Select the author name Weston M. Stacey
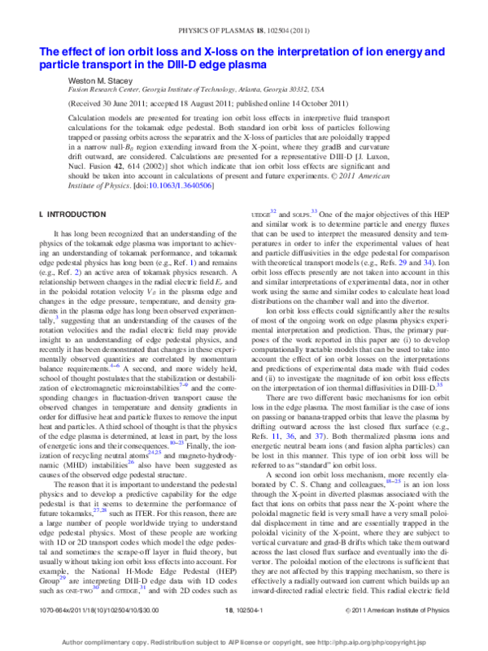pyautogui.click(x=101, y=81)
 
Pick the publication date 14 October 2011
pyautogui.click(x=336, y=106)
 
